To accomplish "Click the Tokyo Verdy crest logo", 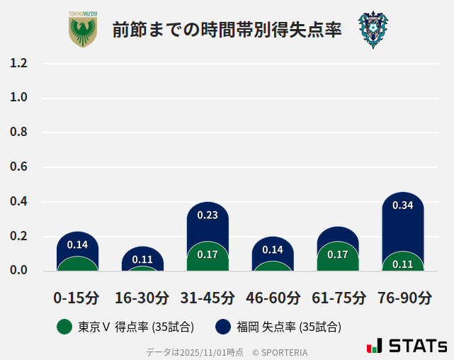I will [x=83, y=30].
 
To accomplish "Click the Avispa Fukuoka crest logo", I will [x=373, y=30].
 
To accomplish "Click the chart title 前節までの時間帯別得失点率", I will [x=227, y=30].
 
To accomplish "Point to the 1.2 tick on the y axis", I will [x=18, y=64].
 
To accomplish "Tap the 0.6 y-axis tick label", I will [x=18, y=167].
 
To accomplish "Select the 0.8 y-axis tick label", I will [x=18, y=133].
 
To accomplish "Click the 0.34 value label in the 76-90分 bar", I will [x=403, y=206].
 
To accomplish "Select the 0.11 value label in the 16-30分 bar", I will [x=142, y=259].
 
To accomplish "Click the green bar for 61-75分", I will [x=338, y=257].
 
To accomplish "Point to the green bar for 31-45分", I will [x=208, y=257].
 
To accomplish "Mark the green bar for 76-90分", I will [x=403, y=262].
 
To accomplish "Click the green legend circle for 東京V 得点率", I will [x=64, y=327].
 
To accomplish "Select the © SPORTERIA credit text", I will [x=280, y=352].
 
